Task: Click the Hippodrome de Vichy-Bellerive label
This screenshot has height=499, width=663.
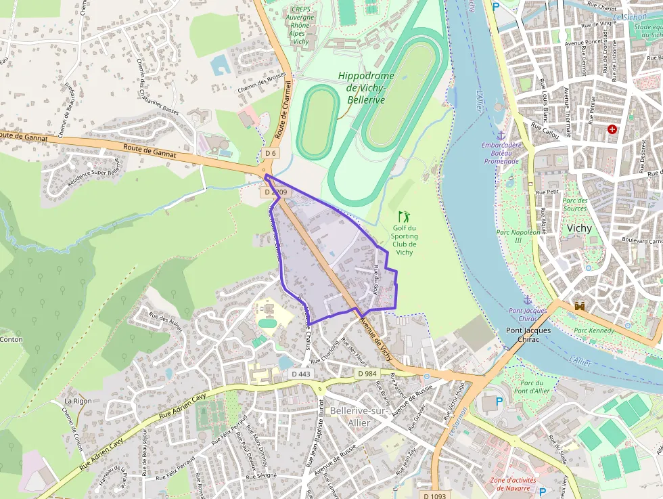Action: (x=365, y=87)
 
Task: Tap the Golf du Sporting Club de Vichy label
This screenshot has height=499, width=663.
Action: (x=404, y=240)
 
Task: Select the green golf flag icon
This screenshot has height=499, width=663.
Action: (x=404, y=217)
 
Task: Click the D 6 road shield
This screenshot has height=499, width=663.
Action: (x=271, y=153)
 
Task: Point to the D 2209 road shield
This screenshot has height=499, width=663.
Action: (x=275, y=192)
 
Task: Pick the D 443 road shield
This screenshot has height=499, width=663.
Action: (x=300, y=374)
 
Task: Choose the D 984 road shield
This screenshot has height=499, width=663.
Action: (x=367, y=374)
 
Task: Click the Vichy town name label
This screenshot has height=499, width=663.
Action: (x=579, y=227)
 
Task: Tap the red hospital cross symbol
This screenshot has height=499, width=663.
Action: (x=612, y=129)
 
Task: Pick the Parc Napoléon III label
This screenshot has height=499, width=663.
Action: (x=519, y=236)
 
